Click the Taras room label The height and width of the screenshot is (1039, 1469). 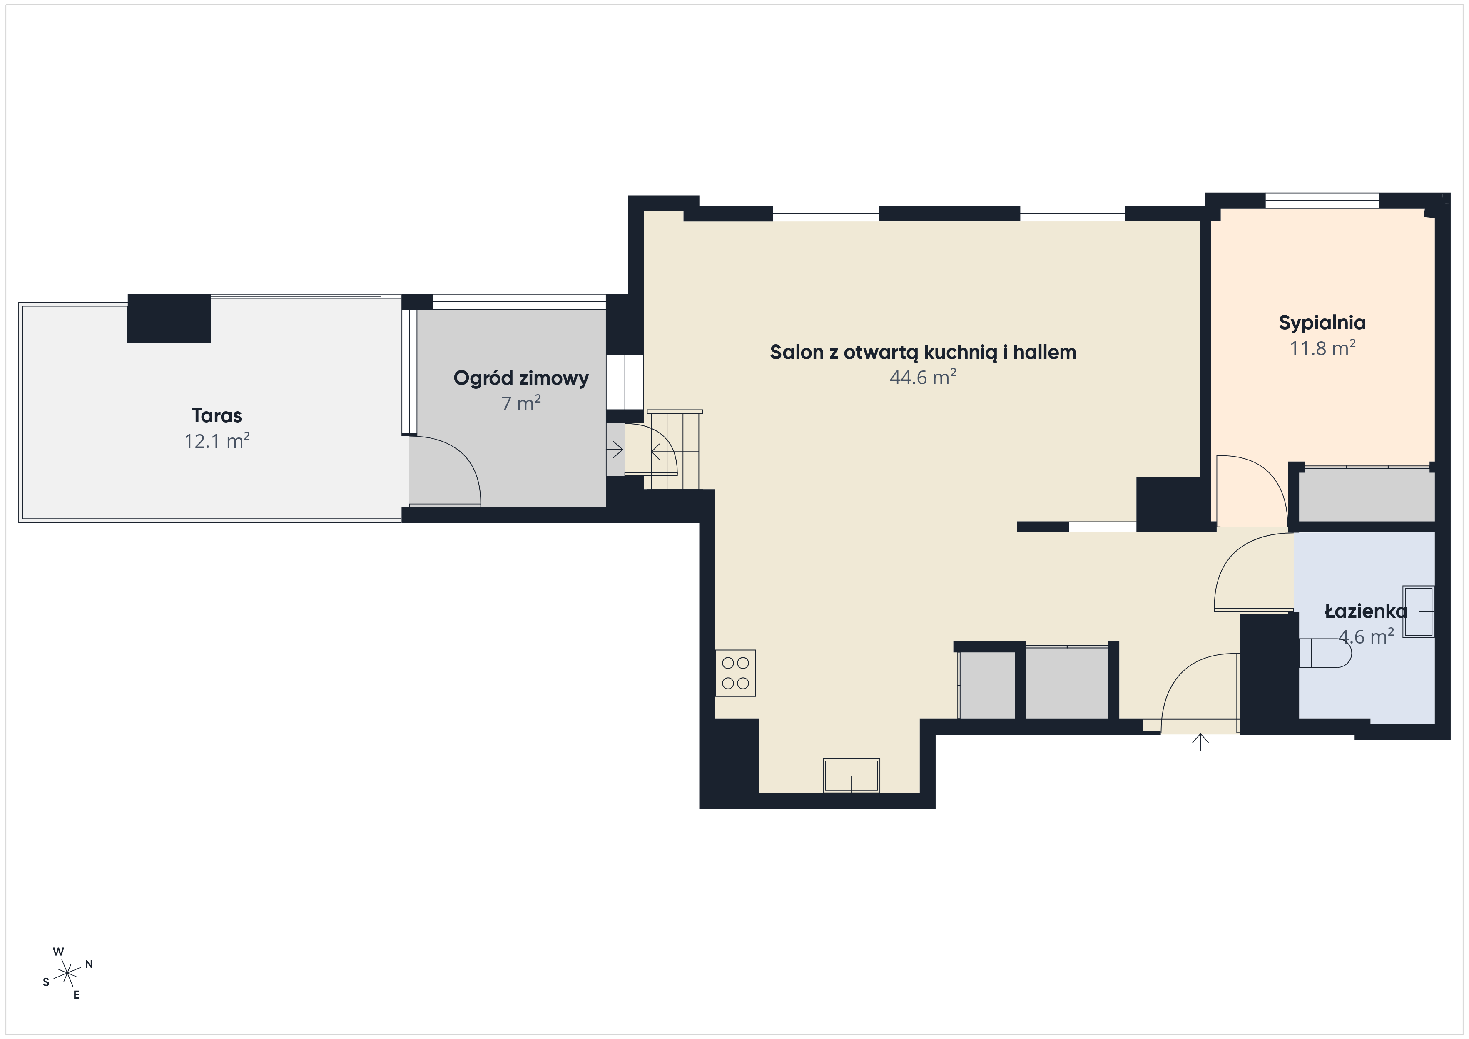tap(217, 416)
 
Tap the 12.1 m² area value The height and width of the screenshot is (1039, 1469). tap(217, 441)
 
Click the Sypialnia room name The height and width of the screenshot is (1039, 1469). tap(1322, 323)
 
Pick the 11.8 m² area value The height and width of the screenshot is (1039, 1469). tap(1322, 348)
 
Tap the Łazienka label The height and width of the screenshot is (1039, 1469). tap(1365, 611)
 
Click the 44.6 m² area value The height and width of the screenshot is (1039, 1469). tap(923, 378)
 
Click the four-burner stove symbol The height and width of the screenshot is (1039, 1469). tap(736, 673)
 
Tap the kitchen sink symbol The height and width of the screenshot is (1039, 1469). tap(851, 776)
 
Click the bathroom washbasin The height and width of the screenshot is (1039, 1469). tap(1419, 611)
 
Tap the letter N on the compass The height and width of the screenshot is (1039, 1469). tap(89, 964)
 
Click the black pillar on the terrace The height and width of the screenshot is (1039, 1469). tap(169, 318)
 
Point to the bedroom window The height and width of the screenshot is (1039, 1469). tap(1322, 200)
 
